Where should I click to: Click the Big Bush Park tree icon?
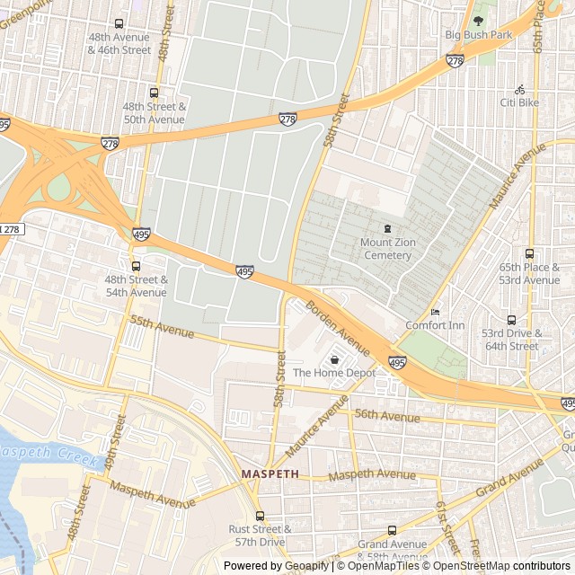coord(478,20)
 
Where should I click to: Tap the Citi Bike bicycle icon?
coord(519,89)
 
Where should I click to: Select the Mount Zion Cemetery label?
coord(387,249)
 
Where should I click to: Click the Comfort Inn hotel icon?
coord(436,312)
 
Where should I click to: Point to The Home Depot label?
coord(333,373)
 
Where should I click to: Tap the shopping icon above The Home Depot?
coord(334,359)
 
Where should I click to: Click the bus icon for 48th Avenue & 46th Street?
coord(119,24)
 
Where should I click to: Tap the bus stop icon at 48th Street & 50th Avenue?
coord(154,93)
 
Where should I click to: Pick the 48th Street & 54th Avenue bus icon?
coord(136,266)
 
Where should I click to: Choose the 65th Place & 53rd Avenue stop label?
coord(529,273)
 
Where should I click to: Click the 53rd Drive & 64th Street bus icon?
coord(511,320)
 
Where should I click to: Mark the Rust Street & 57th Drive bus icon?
coord(260,516)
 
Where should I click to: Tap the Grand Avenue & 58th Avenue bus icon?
coord(391,531)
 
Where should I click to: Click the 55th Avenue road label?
coord(162,326)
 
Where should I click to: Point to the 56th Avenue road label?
coord(386,415)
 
